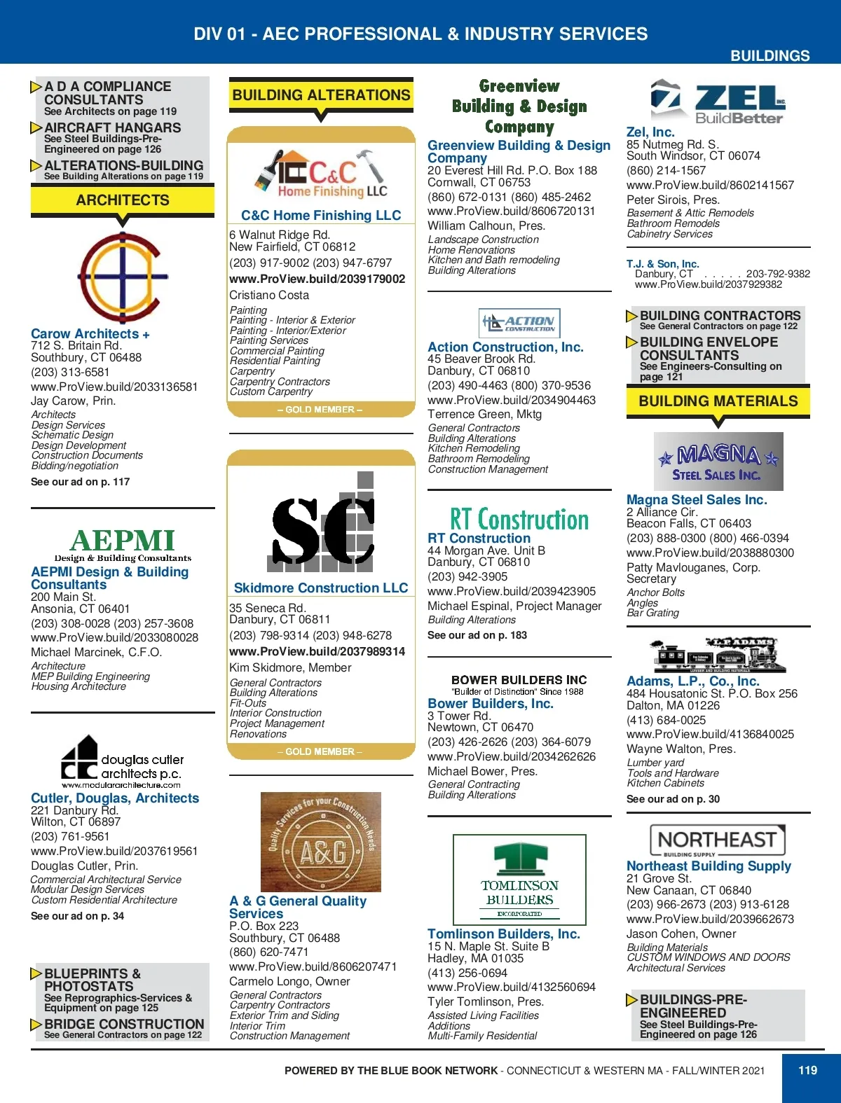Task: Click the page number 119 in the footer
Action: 807,1070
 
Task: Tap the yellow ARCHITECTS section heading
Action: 123,200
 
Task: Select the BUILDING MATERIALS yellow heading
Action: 718,401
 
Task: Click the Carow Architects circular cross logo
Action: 123,277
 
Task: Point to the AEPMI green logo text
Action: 123,541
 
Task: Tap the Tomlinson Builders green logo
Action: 519,880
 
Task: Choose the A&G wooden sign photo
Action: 321,842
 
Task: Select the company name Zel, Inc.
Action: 650,132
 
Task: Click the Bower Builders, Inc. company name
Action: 491,703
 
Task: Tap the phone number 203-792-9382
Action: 778,274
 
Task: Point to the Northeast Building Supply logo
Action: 717,840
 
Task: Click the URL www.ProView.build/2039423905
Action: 512,591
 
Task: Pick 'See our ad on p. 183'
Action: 477,635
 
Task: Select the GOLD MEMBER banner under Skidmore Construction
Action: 320,751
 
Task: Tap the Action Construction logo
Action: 519,323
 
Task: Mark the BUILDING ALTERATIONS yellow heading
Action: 321,95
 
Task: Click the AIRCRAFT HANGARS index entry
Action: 112,128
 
